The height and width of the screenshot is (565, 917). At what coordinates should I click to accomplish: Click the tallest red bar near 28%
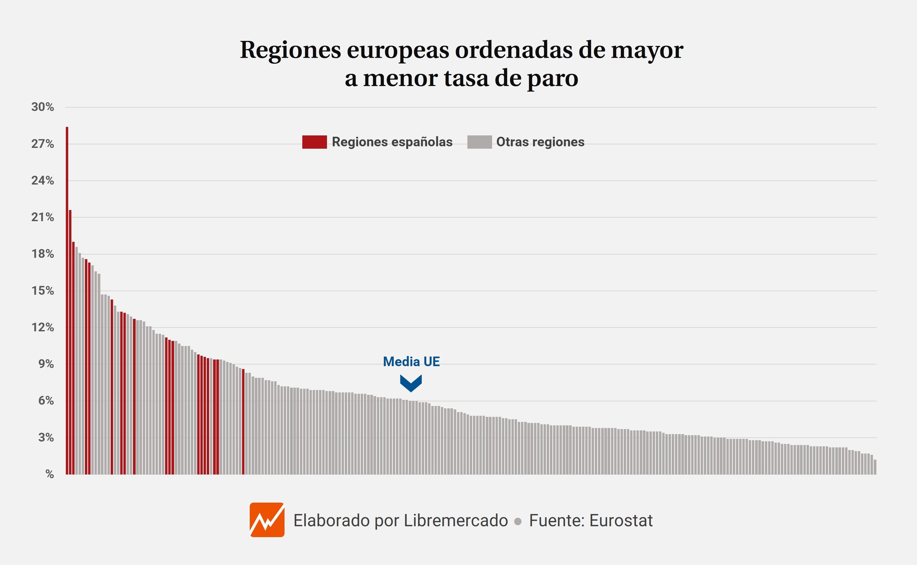coord(67,299)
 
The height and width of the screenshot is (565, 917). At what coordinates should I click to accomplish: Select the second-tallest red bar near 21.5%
coord(70,342)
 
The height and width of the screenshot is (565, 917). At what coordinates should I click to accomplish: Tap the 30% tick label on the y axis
coord(43,107)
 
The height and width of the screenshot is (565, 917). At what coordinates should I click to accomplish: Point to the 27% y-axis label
coord(43,144)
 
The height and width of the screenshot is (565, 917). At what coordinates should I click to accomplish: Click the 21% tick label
coord(43,217)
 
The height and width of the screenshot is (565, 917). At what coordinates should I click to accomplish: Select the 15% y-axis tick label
coord(43,291)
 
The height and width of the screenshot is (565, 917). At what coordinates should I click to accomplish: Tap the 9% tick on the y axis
coord(45,364)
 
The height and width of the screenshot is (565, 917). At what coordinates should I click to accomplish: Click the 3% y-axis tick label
coord(45,437)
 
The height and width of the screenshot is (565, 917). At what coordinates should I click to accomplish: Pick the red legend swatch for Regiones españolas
coord(314,142)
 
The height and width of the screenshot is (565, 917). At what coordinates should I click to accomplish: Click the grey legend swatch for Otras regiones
coord(479,142)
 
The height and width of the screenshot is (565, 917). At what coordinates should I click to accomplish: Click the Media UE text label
coord(411,361)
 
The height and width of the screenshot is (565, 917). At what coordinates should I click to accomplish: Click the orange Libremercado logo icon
coord(267,520)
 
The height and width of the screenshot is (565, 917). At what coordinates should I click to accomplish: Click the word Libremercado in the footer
coord(456,521)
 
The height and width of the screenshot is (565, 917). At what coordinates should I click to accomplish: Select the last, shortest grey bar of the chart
coord(875,467)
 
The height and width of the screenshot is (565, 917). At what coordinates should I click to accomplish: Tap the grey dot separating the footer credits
coord(518,521)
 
